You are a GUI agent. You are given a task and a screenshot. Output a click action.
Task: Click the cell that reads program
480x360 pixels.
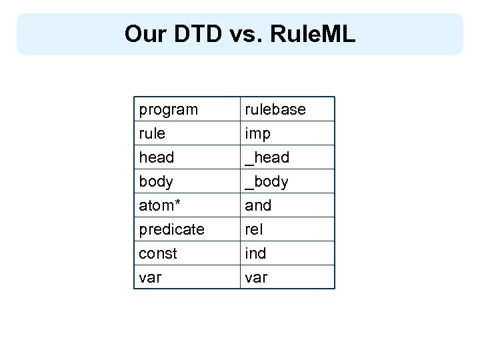click(168, 109)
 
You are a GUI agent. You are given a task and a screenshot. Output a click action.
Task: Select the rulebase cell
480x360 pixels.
click(275, 109)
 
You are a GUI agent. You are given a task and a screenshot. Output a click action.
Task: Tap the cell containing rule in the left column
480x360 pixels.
click(152, 133)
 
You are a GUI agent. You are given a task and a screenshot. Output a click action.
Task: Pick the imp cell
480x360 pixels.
click(258, 133)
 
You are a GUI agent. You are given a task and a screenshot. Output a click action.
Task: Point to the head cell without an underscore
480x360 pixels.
click(156, 157)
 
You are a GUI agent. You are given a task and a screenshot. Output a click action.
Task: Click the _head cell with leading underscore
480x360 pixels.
click(267, 157)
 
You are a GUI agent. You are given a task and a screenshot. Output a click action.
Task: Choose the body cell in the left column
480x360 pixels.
click(156, 181)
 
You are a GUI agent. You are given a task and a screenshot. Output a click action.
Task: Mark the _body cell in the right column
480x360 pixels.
click(267, 181)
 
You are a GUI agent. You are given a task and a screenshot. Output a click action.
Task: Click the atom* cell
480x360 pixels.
click(158, 205)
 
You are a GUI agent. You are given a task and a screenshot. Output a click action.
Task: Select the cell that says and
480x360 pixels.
click(258, 205)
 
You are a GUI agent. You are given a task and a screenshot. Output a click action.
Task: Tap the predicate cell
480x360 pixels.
click(171, 229)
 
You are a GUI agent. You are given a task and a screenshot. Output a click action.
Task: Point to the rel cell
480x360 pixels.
click(254, 229)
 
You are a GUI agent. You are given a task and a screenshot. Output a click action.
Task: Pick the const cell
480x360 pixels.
click(158, 253)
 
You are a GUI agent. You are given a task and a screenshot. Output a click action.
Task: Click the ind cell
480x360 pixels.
click(255, 253)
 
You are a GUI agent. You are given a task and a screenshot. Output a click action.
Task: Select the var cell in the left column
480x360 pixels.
click(150, 277)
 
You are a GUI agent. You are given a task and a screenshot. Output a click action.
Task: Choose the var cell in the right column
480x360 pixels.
click(256, 277)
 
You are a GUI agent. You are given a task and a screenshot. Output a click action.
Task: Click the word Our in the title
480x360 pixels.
click(144, 34)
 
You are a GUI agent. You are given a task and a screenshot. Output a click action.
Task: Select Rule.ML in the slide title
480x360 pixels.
click(313, 34)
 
